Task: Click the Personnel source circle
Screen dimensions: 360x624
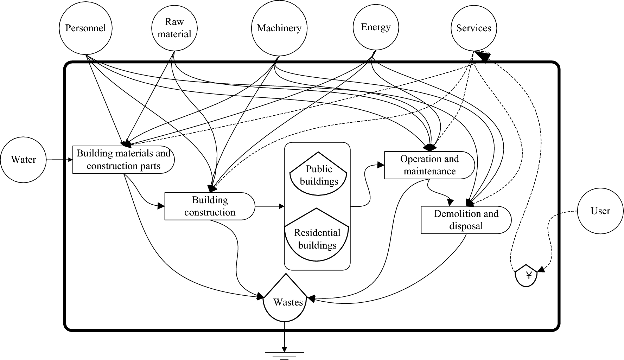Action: point(85,28)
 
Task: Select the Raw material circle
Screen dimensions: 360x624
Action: point(174,28)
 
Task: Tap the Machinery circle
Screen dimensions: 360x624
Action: point(279,28)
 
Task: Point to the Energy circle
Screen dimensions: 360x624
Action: point(376,28)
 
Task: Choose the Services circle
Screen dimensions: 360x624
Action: point(473,28)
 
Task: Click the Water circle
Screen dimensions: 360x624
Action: point(24,160)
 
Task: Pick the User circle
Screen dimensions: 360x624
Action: point(600,211)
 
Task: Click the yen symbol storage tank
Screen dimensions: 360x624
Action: point(526,276)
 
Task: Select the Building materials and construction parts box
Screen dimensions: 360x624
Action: point(123,160)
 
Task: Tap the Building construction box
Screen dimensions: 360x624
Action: point(210,206)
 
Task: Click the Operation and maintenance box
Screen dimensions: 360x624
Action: point(429,165)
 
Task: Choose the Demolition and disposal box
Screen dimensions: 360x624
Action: point(466,220)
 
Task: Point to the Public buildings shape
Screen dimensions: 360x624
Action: point(319,175)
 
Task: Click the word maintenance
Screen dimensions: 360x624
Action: point(429,171)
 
